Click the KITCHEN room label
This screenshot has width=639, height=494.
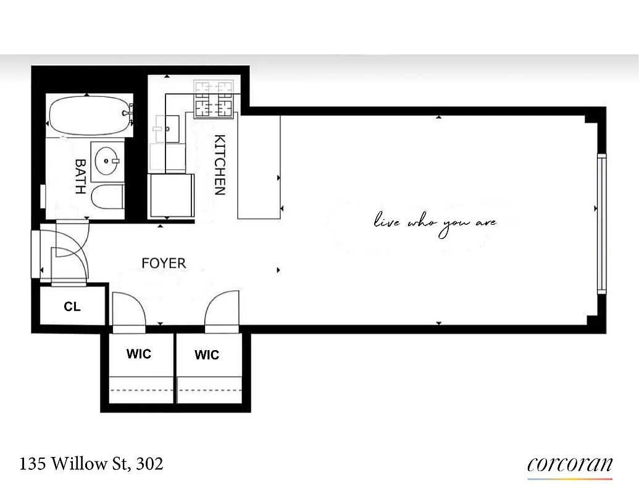(x=219, y=164)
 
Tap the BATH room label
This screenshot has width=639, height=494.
(x=80, y=176)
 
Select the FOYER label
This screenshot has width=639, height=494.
(x=164, y=264)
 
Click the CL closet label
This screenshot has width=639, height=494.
(x=72, y=306)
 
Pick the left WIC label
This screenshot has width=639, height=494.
(x=138, y=354)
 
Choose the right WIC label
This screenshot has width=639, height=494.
(x=207, y=355)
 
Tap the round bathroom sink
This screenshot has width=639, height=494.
(x=109, y=161)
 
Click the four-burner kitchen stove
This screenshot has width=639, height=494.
(x=215, y=99)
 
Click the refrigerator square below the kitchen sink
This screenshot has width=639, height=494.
(x=171, y=195)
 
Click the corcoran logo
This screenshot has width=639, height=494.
(x=570, y=465)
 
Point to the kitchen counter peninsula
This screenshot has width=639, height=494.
(x=259, y=167)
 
